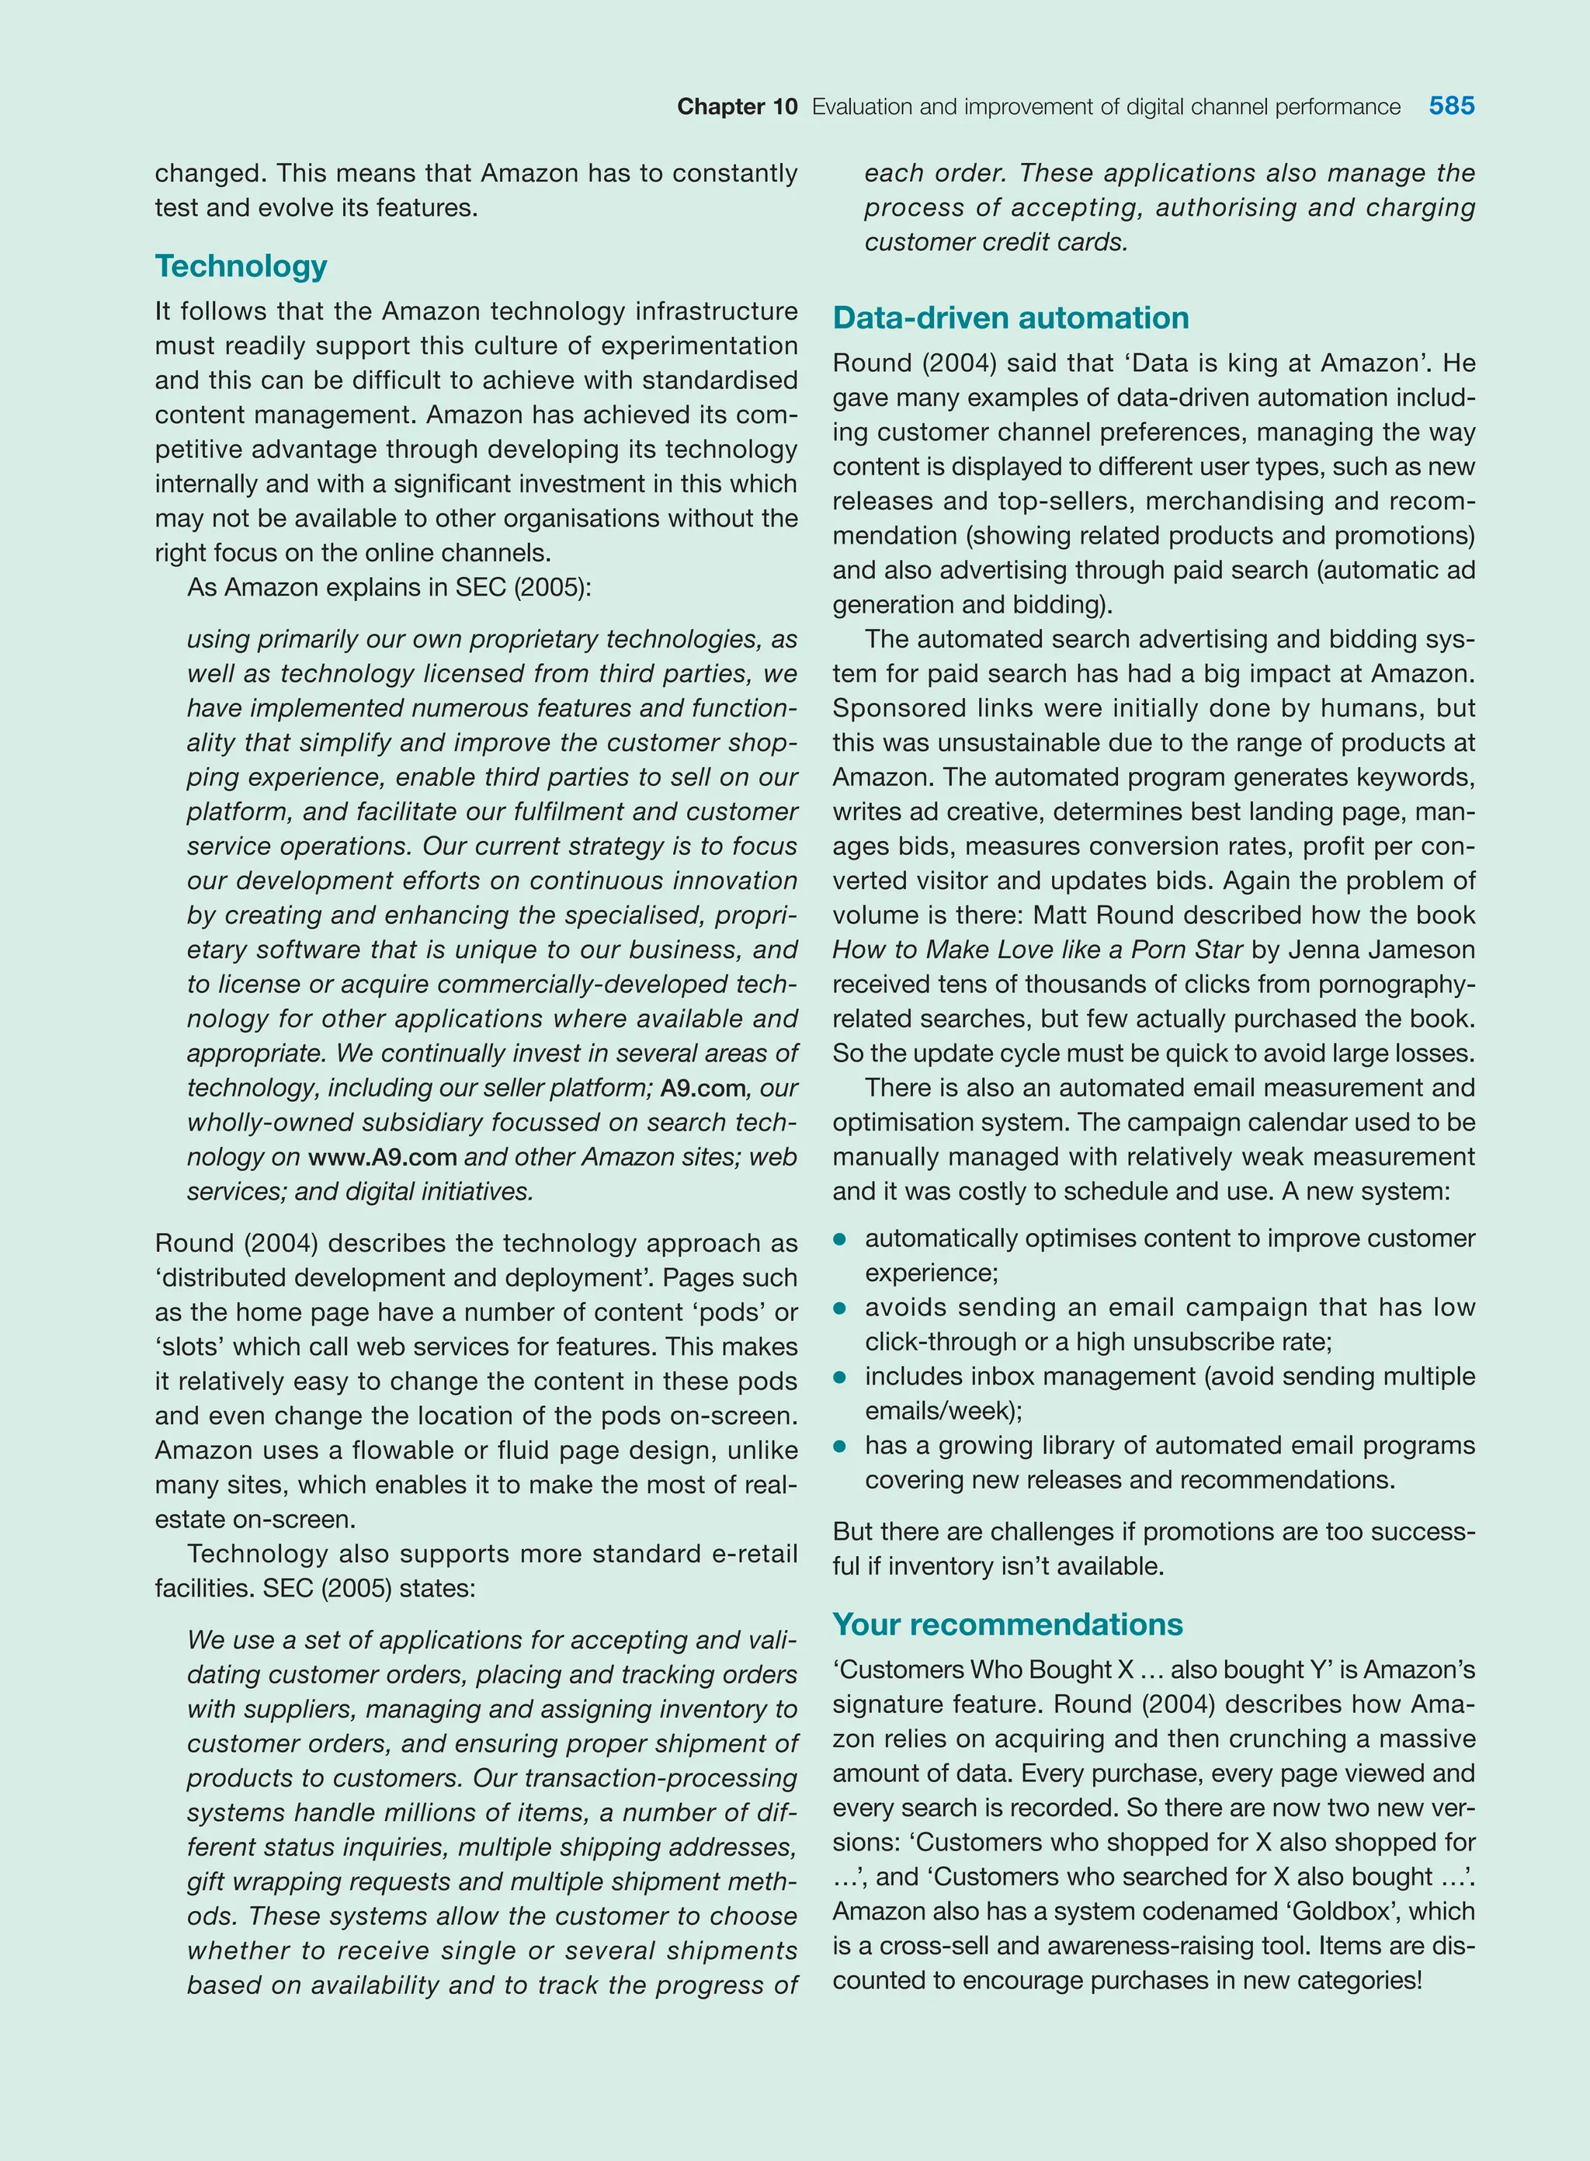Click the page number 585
(1450, 106)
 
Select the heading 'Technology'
(241, 266)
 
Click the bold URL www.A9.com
(382, 1157)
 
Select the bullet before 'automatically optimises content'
(839, 1240)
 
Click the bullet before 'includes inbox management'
(839, 1378)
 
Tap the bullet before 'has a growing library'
(839, 1447)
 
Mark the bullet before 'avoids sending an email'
(839, 1308)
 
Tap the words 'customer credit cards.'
(995, 241)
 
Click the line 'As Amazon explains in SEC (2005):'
(389, 587)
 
